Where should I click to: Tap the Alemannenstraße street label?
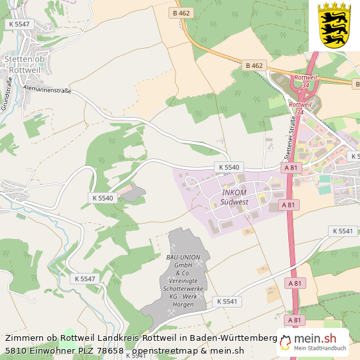click(46, 91)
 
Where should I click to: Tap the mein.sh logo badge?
click(313, 342)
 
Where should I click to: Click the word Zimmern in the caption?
click(25, 338)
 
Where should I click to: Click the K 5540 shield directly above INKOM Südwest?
click(229, 167)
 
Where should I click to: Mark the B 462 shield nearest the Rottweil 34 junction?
click(254, 65)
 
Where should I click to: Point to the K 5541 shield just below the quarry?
click(227, 301)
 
